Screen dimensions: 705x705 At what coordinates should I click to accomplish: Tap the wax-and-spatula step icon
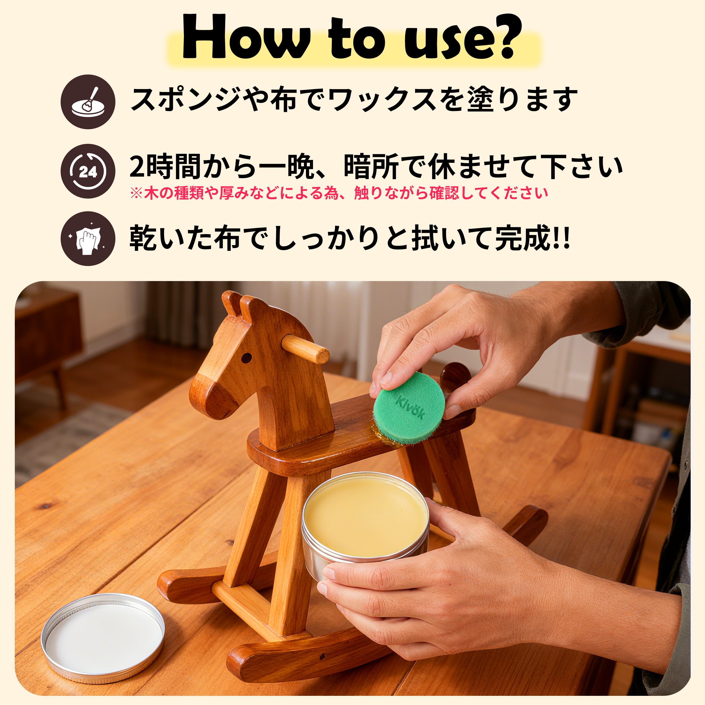click(88, 102)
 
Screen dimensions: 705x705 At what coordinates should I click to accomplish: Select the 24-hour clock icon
click(88, 171)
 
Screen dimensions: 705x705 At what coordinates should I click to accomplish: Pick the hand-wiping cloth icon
click(88, 239)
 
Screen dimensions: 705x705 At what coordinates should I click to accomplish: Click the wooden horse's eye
click(247, 356)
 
